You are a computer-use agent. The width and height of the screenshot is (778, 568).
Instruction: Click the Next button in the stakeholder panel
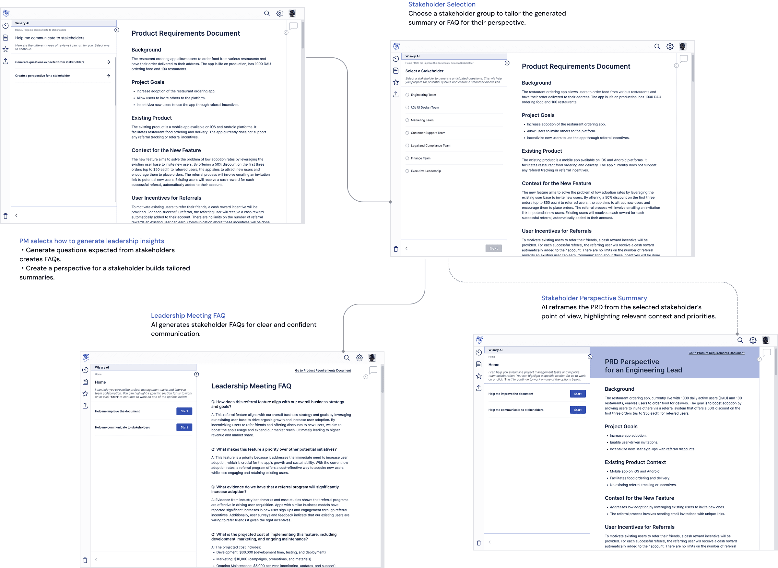click(x=493, y=248)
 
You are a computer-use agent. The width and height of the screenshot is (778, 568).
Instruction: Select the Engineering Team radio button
click(x=407, y=95)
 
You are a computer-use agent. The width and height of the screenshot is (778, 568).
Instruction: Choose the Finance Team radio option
click(x=407, y=158)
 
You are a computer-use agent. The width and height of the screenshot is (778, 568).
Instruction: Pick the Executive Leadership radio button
click(x=407, y=171)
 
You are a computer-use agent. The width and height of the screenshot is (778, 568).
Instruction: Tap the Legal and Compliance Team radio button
click(x=407, y=146)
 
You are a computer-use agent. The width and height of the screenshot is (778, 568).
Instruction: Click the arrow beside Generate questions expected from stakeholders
click(x=108, y=62)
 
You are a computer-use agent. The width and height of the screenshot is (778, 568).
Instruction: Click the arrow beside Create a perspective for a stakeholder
click(x=108, y=76)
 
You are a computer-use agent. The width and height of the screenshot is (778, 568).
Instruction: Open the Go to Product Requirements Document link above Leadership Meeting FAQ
click(x=323, y=370)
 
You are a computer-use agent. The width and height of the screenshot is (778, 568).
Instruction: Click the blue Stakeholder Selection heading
click(x=442, y=5)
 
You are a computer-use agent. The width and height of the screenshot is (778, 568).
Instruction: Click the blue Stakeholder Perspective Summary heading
click(x=594, y=298)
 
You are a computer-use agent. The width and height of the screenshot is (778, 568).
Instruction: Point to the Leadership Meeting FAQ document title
click(x=251, y=386)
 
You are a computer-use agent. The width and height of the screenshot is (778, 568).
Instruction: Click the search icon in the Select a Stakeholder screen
click(x=657, y=46)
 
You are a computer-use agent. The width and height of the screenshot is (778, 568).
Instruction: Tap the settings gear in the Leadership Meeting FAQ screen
click(x=359, y=358)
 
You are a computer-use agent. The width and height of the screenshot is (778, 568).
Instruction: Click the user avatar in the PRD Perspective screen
click(x=765, y=340)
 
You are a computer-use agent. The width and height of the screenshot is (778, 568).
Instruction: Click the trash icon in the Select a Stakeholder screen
click(x=396, y=249)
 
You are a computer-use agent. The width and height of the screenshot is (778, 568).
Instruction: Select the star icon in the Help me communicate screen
click(x=6, y=50)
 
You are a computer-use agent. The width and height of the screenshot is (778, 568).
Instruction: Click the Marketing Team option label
click(x=422, y=120)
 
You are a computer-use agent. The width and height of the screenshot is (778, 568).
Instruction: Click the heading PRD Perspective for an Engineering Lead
click(x=643, y=366)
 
